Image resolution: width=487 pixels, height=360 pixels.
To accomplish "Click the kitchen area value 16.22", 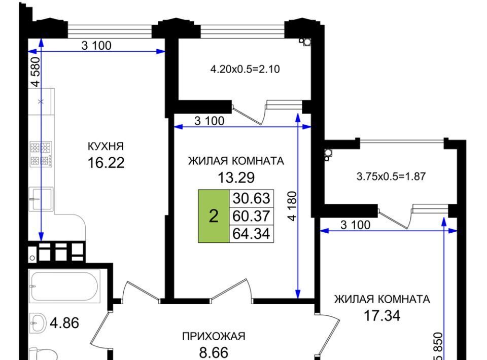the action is [106, 162].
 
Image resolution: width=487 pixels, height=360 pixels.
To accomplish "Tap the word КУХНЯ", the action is [106, 146].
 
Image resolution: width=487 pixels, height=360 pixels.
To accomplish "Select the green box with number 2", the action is [214, 216].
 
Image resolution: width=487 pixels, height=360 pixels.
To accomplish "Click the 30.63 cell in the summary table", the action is [251, 198].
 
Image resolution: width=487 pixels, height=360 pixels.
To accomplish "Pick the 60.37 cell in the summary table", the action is [251, 215].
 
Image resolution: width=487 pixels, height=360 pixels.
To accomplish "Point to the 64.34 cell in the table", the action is [251, 233].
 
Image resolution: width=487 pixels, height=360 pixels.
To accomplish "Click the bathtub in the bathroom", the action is [64, 286].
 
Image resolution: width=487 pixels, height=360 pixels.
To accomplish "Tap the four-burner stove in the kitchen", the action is [41, 154].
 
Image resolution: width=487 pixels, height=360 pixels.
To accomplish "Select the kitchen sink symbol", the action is [41, 199].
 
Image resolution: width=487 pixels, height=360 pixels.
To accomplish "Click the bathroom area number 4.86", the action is [64, 323].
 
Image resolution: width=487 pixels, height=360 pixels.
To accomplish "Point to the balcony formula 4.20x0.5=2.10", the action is [245, 69].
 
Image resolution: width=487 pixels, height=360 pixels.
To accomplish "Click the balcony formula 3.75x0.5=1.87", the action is [391, 176].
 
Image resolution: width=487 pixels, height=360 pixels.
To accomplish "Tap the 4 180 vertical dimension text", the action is [292, 206].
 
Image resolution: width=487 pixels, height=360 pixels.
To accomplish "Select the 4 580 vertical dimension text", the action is [36, 71].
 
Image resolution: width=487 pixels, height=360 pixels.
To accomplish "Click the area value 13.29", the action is [236, 177].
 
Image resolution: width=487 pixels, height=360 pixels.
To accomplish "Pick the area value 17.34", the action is [382, 315].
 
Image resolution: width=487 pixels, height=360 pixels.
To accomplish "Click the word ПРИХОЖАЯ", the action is [214, 336].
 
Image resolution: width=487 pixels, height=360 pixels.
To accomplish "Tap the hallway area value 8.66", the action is [214, 352].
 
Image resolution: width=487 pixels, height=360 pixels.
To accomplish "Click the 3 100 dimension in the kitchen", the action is [96, 46].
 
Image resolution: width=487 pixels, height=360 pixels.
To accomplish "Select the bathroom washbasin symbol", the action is [38, 323].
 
